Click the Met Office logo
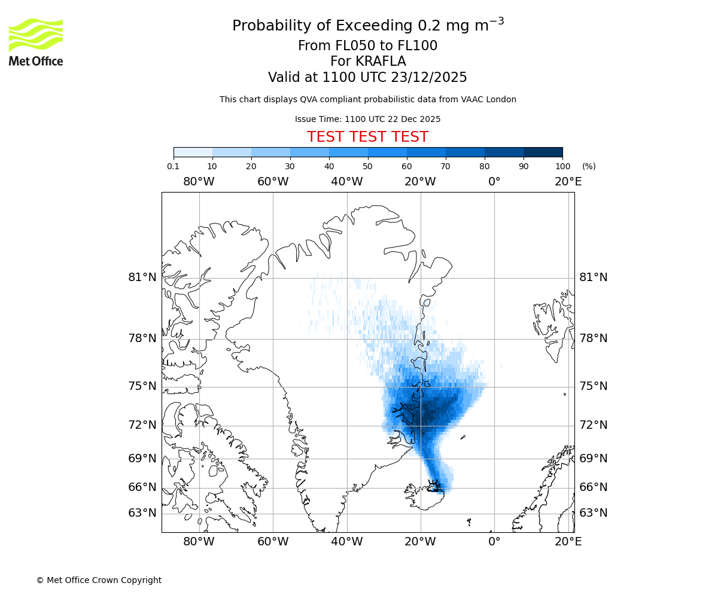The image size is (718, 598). pos(36,42)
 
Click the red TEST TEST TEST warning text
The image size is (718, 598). pos(367,137)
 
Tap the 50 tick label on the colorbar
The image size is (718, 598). pos(367,166)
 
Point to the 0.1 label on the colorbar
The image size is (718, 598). pos(174,166)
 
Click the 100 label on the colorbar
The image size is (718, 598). pos(562,166)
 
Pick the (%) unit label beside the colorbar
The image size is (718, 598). pos(589,166)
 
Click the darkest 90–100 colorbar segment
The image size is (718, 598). pos(543,152)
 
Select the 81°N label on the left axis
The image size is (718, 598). pos(142,277)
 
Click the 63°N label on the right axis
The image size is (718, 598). pos(594,513)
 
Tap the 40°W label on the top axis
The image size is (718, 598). pos(347,182)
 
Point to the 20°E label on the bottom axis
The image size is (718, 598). pos(568,542)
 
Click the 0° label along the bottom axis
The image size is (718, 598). pos(494,542)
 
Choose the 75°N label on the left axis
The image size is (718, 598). pos(142,386)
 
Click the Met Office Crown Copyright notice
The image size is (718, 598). pos(99,580)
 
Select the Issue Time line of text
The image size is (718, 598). pos(367,119)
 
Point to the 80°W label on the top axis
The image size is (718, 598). pos(199,182)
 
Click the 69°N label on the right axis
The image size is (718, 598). pos(594,459)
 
